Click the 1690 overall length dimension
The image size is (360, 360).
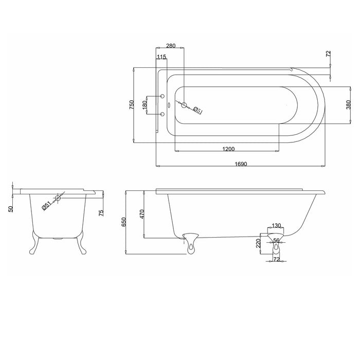click(x=241, y=164)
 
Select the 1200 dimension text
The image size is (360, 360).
click(x=228, y=149)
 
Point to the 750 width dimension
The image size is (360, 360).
click(x=131, y=105)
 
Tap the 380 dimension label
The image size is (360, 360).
click(x=348, y=105)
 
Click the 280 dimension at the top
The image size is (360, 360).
click(x=171, y=46)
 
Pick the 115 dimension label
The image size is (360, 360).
click(x=161, y=57)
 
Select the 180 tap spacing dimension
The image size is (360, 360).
click(x=145, y=105)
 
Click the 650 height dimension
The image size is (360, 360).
click(x=124, y=222)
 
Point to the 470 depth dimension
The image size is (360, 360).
click(x=141, y=214)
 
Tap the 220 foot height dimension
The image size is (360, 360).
click(x=258, y=243)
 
